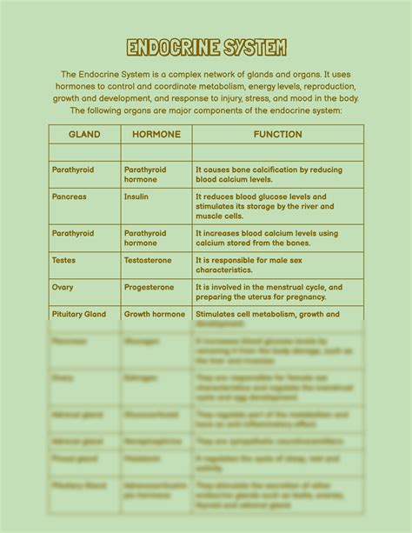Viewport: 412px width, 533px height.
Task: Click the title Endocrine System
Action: (206, 48)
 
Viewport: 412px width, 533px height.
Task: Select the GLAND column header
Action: (84, 135)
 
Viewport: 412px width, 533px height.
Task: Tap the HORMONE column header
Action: (156, 135)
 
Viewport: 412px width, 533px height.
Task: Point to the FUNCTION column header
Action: (277, 135)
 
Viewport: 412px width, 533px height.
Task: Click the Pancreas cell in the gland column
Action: (70, 197)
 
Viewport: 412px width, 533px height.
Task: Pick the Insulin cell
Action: (136, 197)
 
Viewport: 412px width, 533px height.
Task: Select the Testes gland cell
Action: (64, 260)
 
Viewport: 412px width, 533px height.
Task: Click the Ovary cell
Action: (63, 287)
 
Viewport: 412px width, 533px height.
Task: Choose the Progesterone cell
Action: (149, 287)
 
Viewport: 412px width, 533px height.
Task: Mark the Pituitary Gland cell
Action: (79, 314)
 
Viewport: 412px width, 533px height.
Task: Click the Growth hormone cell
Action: (154, 314)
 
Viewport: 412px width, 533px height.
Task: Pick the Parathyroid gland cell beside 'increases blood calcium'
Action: (73, 234)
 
